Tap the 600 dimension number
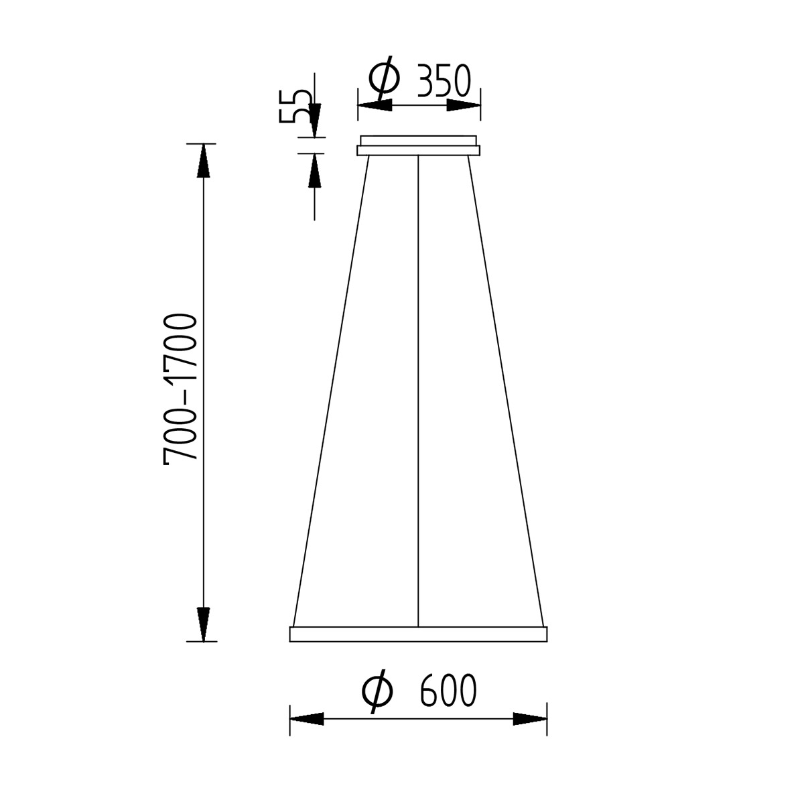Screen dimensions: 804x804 click(448, 691)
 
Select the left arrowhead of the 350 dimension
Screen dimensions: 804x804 click(375, 105)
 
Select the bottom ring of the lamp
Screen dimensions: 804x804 click(419, 634)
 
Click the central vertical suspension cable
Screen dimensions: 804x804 click(418, 389)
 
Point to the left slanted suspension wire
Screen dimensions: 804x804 click(332, 389)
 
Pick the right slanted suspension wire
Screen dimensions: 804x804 click(505, 389)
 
